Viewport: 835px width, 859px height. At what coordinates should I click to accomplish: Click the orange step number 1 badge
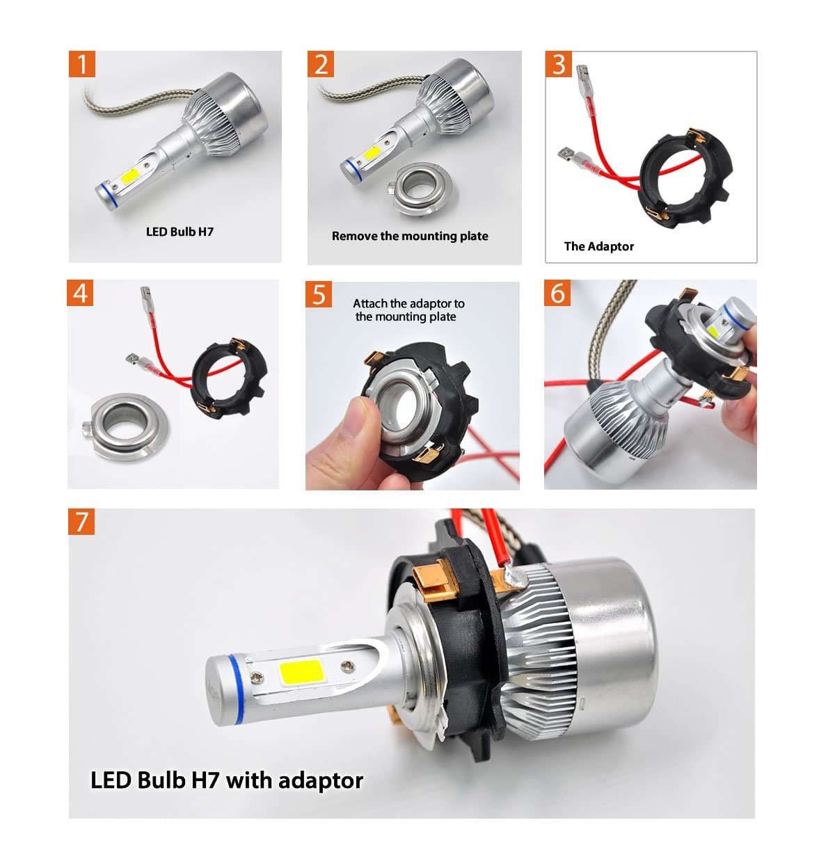point(82,64)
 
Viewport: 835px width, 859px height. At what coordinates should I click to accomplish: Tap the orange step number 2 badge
point(321,64)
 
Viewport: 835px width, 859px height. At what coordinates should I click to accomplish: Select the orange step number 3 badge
point(559,64)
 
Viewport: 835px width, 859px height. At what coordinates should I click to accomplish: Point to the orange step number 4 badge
point(81,293)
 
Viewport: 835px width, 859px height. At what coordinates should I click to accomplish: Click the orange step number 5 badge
point(319,294)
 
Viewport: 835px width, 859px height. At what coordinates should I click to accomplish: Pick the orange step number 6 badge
point(557,293)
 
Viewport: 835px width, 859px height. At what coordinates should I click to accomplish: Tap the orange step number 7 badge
point(81,521)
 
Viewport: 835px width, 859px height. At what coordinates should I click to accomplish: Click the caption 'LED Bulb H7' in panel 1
point(180,232)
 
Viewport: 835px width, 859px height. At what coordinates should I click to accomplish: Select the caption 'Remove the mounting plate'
point(410,236)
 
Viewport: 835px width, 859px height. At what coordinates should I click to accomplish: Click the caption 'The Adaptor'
point(598,246)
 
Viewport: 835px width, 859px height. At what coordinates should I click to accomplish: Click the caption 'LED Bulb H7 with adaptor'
point(227,780)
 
